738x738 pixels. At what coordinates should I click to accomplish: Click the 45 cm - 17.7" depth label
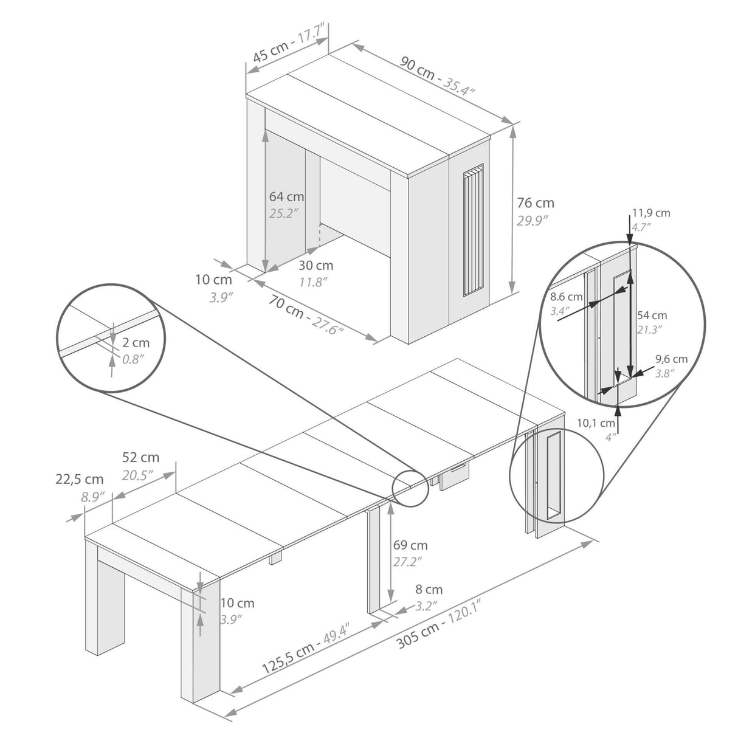coord(289,43)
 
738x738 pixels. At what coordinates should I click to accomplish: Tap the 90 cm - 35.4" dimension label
coord(437,76)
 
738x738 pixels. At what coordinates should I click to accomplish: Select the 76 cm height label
coord(536,203)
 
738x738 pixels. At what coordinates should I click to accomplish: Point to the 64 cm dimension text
coord(286,197)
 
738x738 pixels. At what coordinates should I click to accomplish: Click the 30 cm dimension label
coord(316,266)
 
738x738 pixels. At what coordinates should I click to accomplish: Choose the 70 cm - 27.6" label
coord(306,315)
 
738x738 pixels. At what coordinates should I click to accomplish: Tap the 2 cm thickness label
coord(136,343)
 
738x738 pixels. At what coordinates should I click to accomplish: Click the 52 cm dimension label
coord(140,457)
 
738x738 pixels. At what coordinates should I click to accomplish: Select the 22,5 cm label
coord(79,480)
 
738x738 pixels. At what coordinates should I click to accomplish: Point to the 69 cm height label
coord(410,545)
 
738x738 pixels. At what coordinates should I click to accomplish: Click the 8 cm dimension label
coord(429,590)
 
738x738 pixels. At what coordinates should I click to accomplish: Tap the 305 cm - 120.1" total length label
coord(439,623)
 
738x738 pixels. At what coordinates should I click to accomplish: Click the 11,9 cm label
coord(651,213)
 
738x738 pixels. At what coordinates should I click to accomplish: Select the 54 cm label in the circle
coord(652,316)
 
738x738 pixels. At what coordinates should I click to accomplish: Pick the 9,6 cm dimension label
coord(671,359)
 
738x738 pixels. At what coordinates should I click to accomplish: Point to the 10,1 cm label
coord(596,423)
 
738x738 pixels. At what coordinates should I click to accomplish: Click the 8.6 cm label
coord(567,297)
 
